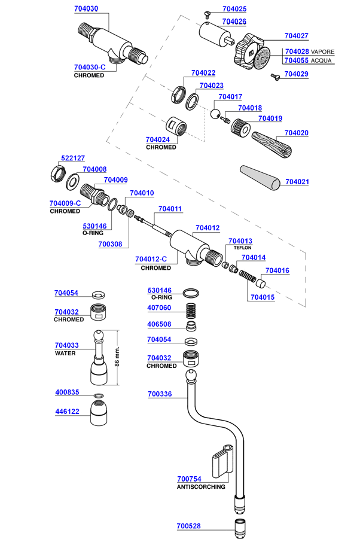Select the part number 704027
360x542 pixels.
[x=297, y=35]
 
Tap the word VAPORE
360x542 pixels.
[x=323, y=52]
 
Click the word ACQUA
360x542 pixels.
[x=321, y=61]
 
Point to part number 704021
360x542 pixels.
[x=297, y=181]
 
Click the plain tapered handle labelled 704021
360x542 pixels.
[x=260, y=178]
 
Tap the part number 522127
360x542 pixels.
[x=73, y=158]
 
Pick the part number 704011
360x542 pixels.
[x=170, y=209]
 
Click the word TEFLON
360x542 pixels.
[x=242, y=248]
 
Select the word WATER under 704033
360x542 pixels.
[x=65, y=354]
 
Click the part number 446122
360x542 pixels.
[x=67, y=412]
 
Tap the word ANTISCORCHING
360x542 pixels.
[x=201, y=487]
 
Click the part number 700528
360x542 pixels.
[x=189, y=526]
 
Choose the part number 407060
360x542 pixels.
[x=160, y=308]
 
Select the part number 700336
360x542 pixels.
[x=160, y=394]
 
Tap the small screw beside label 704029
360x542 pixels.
[x=276, y=76]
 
